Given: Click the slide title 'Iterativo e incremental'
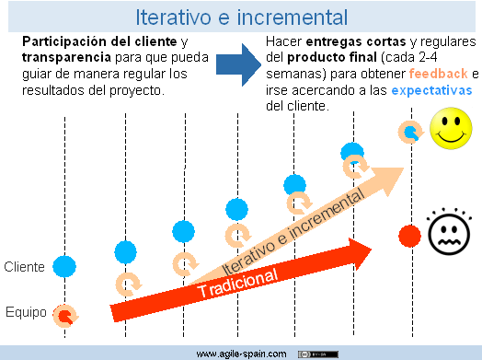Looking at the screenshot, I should pos(241,17).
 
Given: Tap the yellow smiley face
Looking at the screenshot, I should pos(449,128).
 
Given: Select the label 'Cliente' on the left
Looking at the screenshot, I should pos(25,267).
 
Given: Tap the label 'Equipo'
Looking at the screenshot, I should pos(25,312).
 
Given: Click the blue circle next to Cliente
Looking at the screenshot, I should pos(63,267).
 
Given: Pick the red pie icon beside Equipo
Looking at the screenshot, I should pos(65,316).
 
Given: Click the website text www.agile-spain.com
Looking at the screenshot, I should pos(241,353).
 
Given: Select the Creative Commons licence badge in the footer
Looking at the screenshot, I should pos(317,353).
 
